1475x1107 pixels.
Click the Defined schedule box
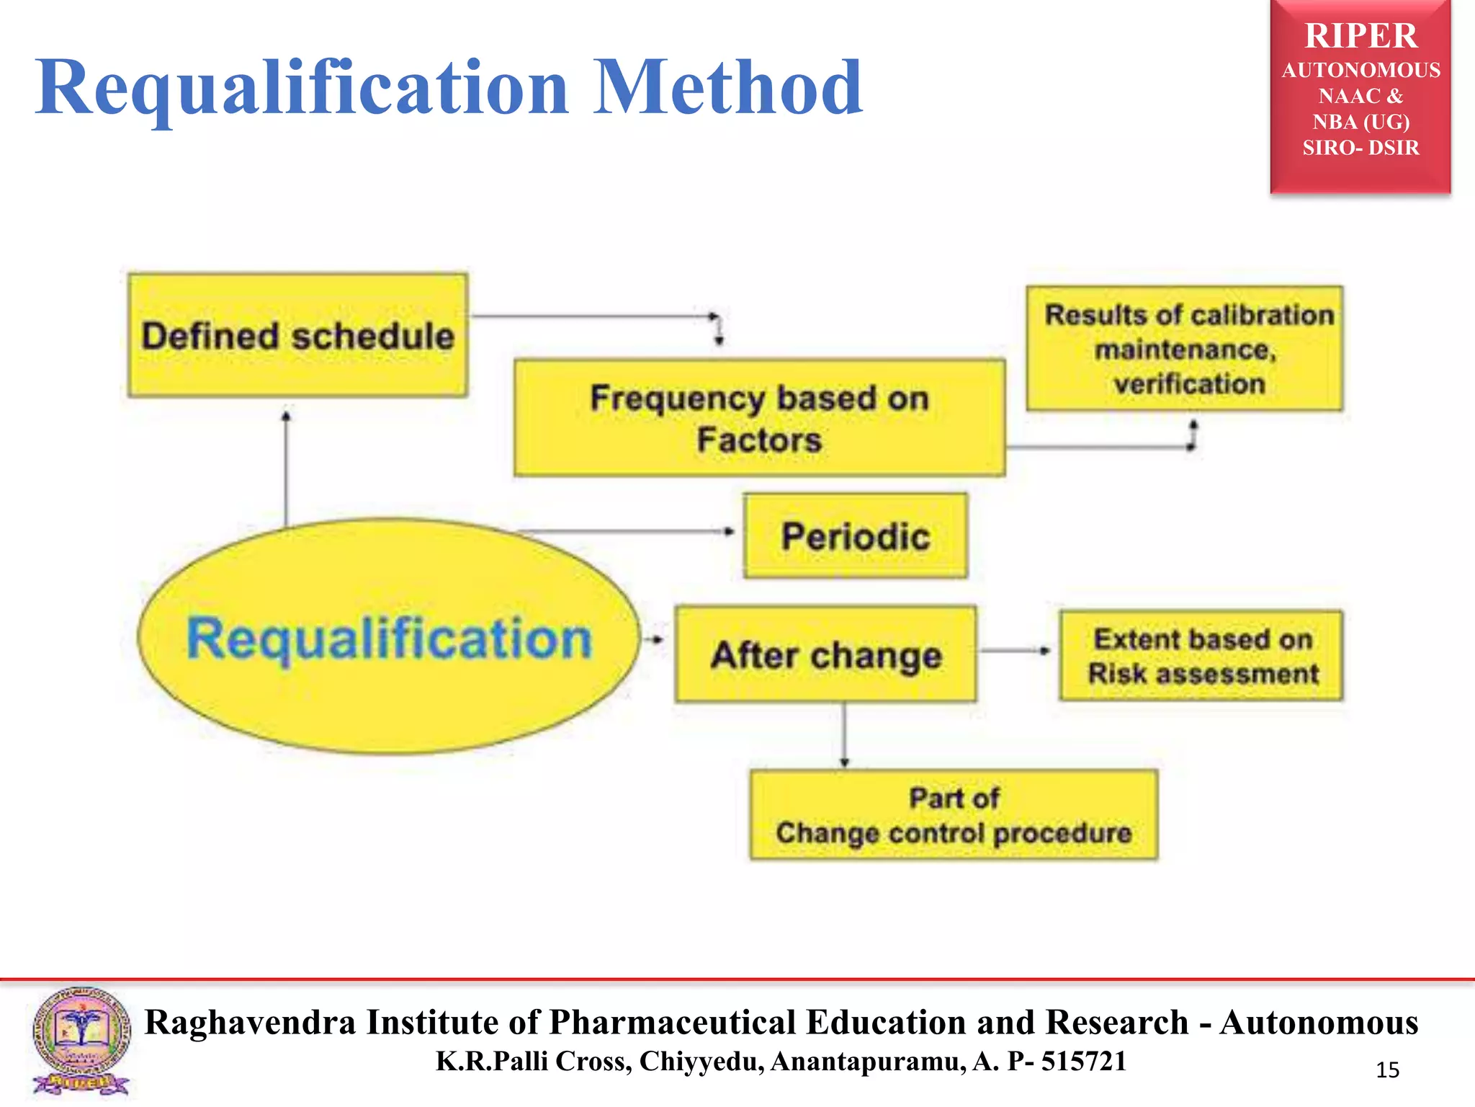coord(297,335)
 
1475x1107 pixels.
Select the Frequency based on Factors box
coord(759,418)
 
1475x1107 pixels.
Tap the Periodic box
coord(856,535)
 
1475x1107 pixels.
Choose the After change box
coord(825,654)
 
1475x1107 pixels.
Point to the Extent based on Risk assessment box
coord(1201,656)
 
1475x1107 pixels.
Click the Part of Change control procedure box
coord(954,815)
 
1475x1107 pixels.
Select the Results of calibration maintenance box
coord(1185,349)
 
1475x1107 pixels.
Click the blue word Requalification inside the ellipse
coord(389,639)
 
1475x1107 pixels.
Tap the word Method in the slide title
coord(727,88)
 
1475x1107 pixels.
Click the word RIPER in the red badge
coord(1360,36)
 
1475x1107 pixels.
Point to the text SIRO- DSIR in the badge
coord(1360,148)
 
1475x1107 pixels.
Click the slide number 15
coord(1387,1070)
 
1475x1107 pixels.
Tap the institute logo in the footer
coord(81,1041)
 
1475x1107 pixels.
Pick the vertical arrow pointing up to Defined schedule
coord(286,468)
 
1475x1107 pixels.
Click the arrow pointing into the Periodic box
coord(627,532)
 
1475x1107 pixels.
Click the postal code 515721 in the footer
coord(1083,1062)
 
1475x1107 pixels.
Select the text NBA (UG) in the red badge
coord(1360,122)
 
